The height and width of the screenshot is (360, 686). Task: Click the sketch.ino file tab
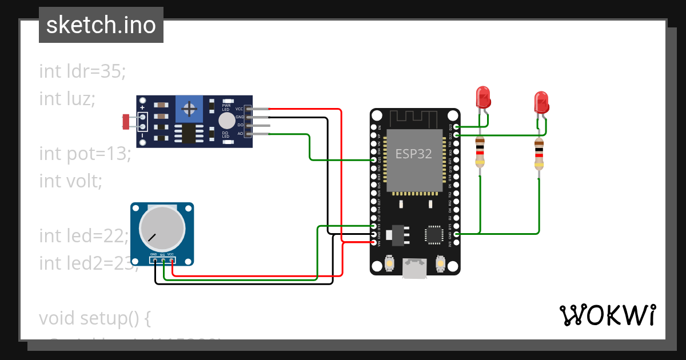tap(101, 25)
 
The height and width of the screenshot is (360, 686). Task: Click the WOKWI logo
tap(607, 315)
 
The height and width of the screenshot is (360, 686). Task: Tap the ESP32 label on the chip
tap(413, 154)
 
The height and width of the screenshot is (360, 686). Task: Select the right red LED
tap(541, 102)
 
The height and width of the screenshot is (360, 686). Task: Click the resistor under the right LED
tap(539, 154)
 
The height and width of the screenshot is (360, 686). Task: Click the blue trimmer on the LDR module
tap(189, 109)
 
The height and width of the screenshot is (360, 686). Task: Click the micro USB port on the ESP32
tap(415, 268)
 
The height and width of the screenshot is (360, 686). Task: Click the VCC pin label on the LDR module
tap(239, 108)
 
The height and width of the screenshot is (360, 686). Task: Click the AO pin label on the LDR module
tap(240, 134)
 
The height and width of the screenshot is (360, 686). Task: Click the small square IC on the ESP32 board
tap(434, 235)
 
